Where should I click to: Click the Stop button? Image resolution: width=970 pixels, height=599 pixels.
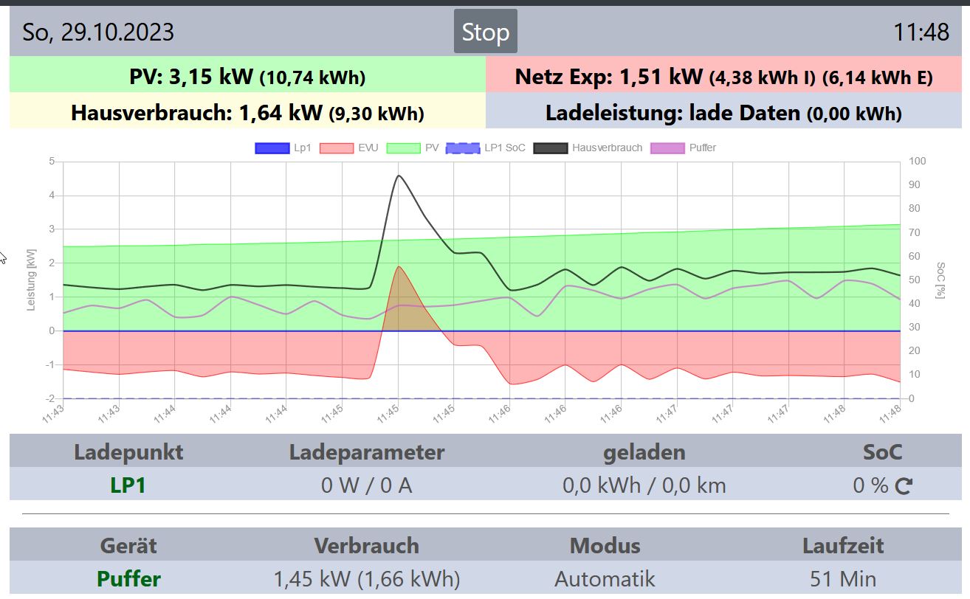pos(485,32)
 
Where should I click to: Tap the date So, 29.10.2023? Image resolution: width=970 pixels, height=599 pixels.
pos(98,32)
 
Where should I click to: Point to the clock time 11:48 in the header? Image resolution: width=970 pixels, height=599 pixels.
pos(921,32)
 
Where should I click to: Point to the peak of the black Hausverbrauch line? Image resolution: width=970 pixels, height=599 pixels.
pos(399,176)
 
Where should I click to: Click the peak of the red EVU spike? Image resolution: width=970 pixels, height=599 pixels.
pos(399,267)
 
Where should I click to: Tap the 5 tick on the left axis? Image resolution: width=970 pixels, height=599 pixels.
pos(52,162)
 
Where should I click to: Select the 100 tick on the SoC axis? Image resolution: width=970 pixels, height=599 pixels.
pos(917,162)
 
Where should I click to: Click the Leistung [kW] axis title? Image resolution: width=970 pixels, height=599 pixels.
pos(32,280)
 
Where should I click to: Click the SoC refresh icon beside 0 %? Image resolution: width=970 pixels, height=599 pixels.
pos(904,486)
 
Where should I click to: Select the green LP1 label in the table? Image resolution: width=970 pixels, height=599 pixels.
pos(128,485)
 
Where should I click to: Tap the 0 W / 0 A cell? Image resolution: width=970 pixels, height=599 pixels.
pos(366,485)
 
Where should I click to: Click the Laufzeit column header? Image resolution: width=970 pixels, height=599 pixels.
pos(843,546)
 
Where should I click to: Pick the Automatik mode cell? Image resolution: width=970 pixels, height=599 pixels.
pos(605,579)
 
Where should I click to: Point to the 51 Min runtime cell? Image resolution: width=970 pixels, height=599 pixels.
pos(843,579)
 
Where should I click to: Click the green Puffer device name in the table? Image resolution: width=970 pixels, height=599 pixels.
pos(128,579)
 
